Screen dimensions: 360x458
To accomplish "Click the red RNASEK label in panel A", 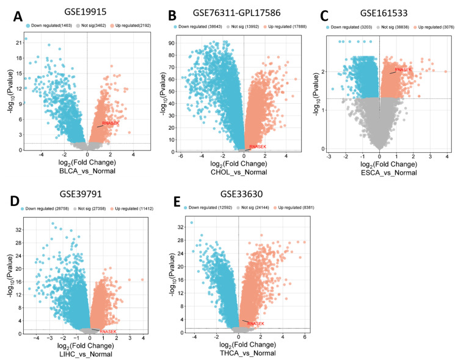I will coord(111,123).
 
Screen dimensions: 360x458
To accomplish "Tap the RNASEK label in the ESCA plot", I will coord(403,70).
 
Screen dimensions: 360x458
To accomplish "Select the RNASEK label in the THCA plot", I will coord(256,323).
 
